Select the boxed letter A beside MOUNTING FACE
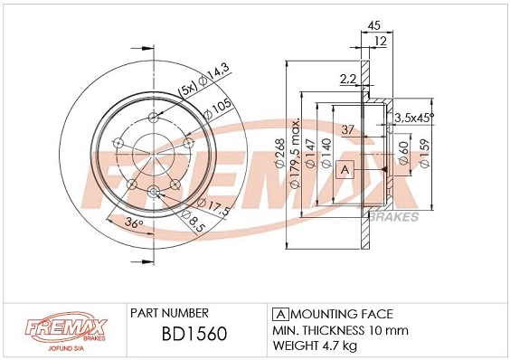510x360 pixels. (x=279, y=312)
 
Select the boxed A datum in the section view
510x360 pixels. (x=344, y=169)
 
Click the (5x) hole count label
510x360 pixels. (x=186, y=90)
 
